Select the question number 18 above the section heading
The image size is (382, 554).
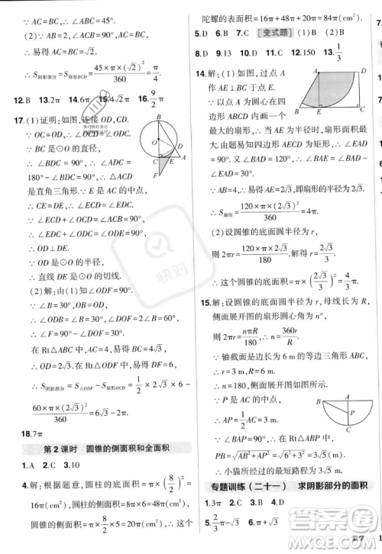point(10,432)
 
